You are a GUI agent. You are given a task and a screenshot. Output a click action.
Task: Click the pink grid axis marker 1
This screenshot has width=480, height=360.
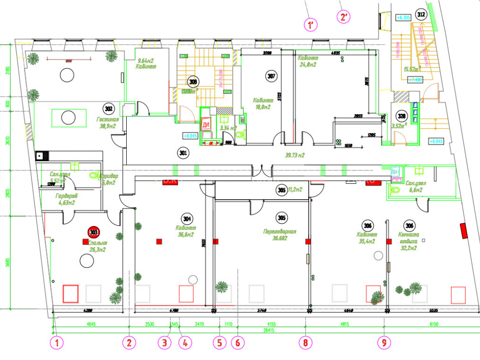click(58, 343)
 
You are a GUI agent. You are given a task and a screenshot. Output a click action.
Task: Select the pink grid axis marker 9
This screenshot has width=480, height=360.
click(383, 343)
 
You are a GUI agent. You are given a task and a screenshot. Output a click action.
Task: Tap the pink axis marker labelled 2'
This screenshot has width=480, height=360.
click(344, 17)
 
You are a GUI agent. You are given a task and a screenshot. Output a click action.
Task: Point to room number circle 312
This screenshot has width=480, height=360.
click(421, 15)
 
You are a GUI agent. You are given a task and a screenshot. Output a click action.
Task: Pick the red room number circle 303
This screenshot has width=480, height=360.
click(93, 233)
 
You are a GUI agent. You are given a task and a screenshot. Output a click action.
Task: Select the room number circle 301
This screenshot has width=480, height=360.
click(182, 154)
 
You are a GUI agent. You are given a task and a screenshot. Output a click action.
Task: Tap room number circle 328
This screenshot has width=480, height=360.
click(401, 116)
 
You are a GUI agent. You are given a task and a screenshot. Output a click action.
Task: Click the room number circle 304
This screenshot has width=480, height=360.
click(187, 216)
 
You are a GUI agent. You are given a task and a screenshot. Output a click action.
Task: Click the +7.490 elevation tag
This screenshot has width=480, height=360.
click(415, 80)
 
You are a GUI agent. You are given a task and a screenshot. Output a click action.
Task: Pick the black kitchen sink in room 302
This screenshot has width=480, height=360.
click(39, 156)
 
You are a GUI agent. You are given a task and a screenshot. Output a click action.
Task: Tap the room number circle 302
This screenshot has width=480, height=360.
click(108, 108)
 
